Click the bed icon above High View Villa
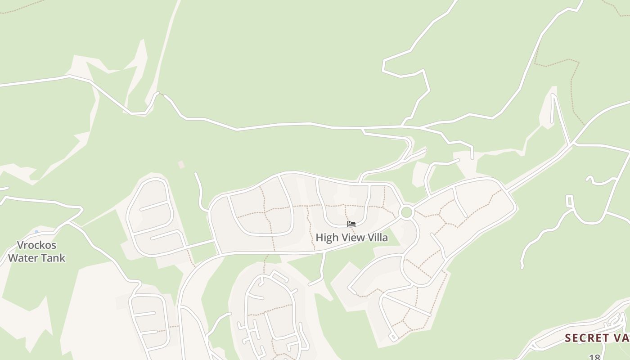pos(351,224)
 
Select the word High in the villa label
pos(325,238)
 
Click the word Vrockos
pos(36,245)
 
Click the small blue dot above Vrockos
pos(36,232)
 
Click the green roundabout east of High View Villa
pos(406,212)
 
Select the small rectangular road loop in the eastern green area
pos(570,201)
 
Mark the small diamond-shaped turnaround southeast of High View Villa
pos(393,337)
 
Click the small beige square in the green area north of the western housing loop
pos(181,165)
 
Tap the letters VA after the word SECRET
pos(621,338)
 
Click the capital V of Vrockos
pos(20,245)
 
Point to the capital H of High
pos(319,238)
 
